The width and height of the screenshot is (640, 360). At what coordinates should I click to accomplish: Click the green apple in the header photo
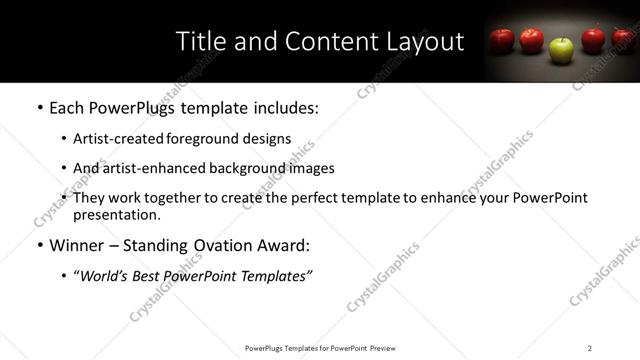click(563, 47)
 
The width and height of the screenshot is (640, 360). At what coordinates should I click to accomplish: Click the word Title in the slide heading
click(202, 42)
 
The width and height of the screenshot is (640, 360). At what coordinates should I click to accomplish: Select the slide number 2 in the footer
click(590, 348)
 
